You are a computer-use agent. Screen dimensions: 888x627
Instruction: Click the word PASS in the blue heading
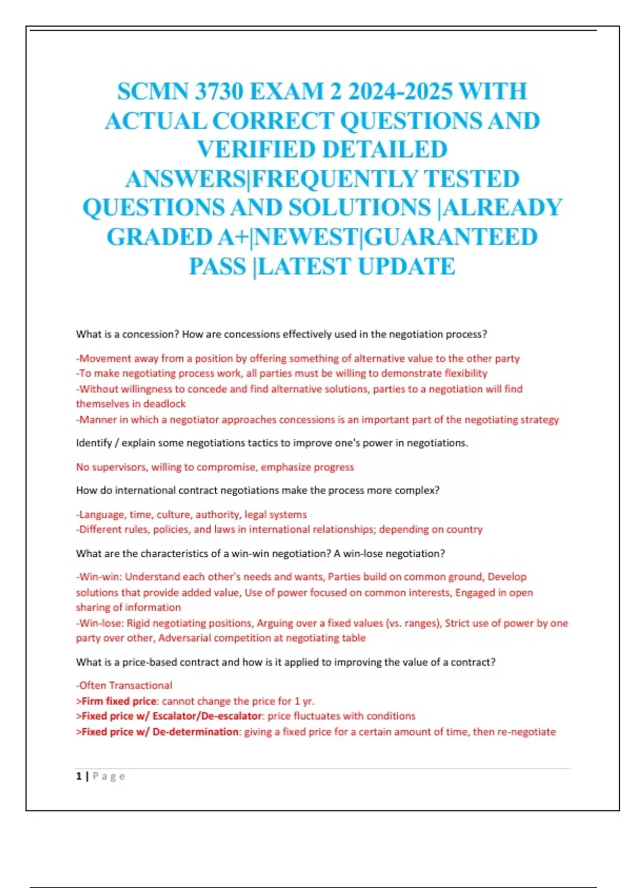pos(217,266)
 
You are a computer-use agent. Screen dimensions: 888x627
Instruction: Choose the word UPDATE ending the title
pos(407,266)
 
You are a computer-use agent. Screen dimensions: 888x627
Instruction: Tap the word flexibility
pos(466,373)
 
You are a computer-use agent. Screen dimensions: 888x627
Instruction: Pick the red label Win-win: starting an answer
pos(99,577)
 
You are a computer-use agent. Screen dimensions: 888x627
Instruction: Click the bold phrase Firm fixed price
pos(119,701)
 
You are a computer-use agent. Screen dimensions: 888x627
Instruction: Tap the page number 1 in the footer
pos(79,776)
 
